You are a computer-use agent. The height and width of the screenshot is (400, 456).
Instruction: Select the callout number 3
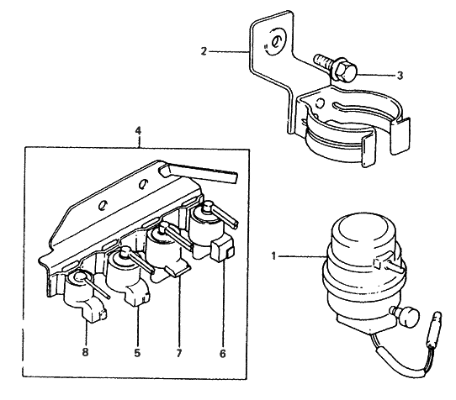(400, 75)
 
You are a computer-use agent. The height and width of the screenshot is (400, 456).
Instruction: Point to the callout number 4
(137, 130)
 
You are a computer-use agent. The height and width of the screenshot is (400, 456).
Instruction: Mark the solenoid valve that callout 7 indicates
(165, 248)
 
